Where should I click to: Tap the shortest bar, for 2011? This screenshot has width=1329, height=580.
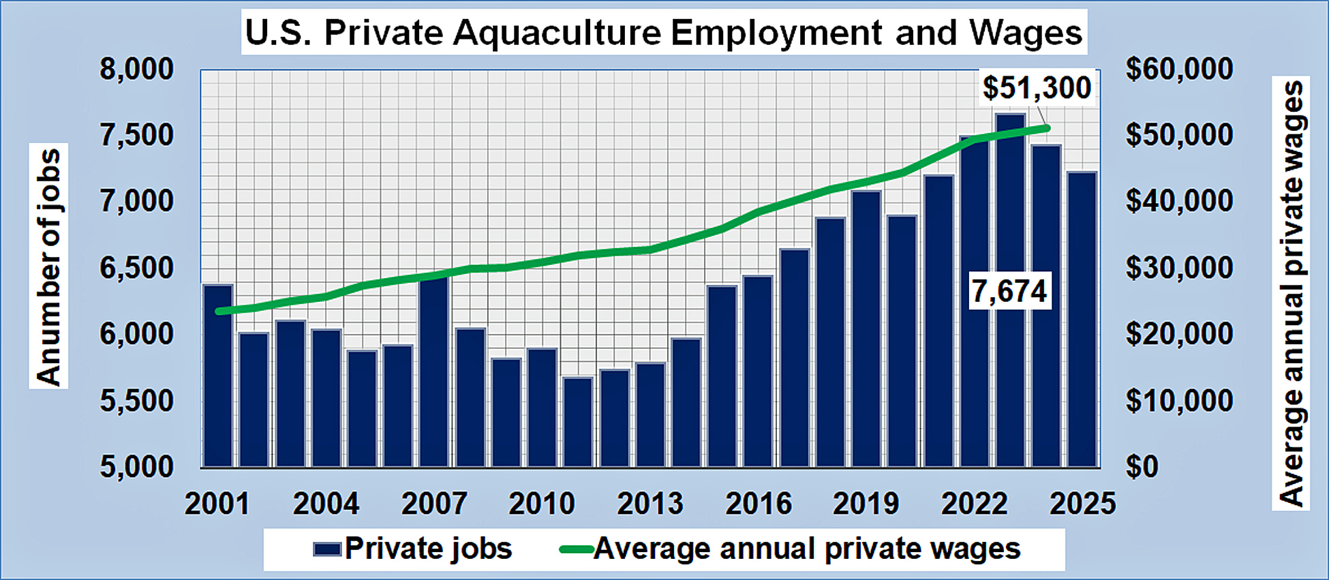578,423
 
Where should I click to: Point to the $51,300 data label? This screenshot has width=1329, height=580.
1037,88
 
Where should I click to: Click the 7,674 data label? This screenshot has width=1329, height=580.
1009,291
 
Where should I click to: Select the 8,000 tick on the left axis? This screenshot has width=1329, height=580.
137,70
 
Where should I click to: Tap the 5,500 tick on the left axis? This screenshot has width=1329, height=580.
137,401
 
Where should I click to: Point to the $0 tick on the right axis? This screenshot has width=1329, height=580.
1142,467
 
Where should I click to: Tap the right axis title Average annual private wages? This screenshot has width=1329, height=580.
1291,293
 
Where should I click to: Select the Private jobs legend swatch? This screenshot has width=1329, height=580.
326,549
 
